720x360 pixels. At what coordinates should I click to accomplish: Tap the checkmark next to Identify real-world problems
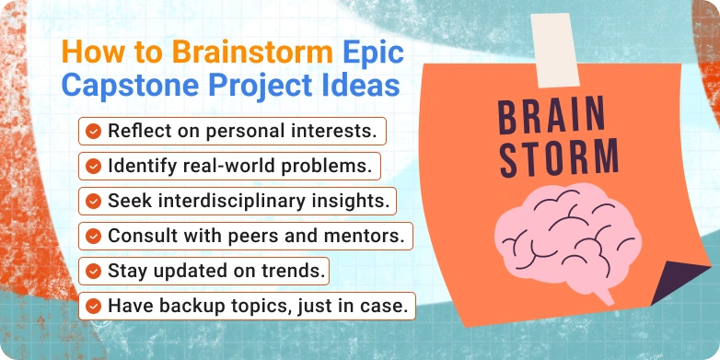pos(93,167)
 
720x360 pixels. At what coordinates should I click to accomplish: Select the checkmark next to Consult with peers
pos(93,235)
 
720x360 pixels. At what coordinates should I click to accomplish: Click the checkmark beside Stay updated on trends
pos(93,270)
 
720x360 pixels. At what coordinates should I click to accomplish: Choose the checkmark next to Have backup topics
pos(93,304)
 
